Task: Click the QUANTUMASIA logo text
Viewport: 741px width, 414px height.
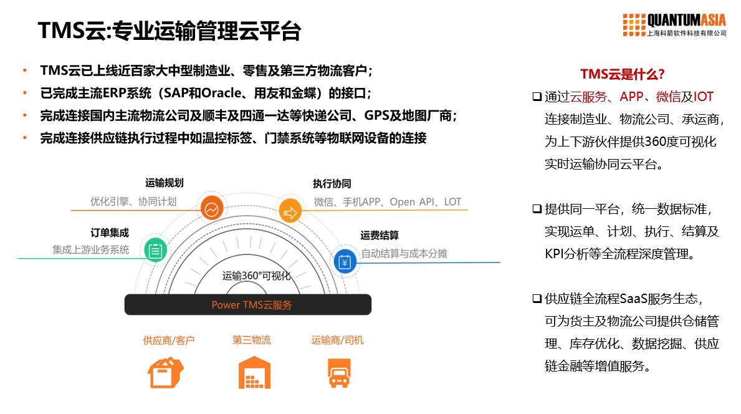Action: click(x=687, y=20)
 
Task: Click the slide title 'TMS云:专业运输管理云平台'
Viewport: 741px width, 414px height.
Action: click(x=170, y=31)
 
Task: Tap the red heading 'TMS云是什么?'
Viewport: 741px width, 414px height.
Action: click(x=622, y=74)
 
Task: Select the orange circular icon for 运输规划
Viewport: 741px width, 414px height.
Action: click(x=213, y=208)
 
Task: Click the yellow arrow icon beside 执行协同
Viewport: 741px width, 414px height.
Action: click(x=290, y=212)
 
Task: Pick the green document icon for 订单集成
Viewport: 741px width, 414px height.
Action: click(x=155, y=250)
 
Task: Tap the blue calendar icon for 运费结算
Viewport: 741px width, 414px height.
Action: click(x=344, y=262)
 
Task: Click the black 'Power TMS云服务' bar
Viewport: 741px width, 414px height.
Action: click(x=248, y=305)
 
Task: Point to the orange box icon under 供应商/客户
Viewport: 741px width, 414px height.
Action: click(x=165, y=373)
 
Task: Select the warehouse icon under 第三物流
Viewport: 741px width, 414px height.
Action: click(x=254, y=373)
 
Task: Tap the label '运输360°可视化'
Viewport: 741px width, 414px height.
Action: click(x=256, y=276)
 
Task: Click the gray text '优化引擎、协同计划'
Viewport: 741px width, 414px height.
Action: click(x=133, y=201)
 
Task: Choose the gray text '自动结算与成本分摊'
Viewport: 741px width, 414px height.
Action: click(x=404, y=254)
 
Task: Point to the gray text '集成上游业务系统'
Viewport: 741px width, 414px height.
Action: click(x=91, y=249)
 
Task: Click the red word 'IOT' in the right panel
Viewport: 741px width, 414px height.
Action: click(x=703, y=97)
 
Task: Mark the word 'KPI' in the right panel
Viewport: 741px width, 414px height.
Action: click(x=555, y=254)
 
